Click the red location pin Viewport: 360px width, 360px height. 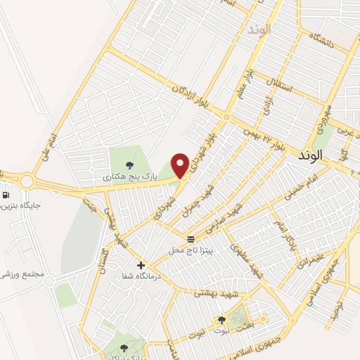[181, 165]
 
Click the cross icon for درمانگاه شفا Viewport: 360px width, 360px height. [141, 265]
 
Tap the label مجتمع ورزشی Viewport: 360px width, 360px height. [26, 275]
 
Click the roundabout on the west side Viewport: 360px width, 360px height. [27, 181]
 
